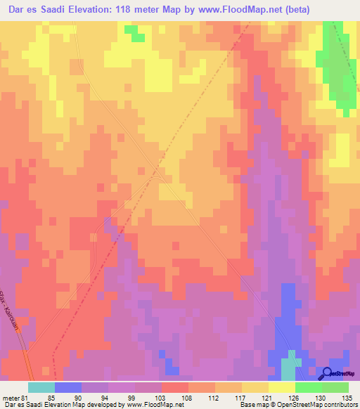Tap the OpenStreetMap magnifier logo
point(328,374)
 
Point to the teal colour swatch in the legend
point(41,387)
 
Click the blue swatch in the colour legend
point(67,387)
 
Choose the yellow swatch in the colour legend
point(281,387)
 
